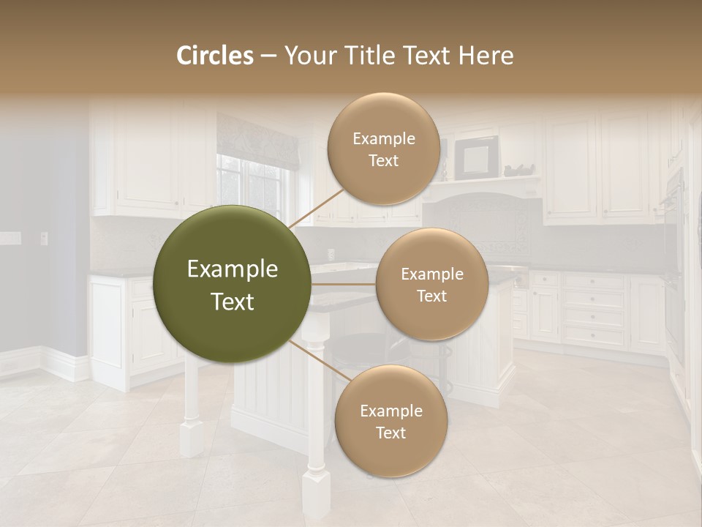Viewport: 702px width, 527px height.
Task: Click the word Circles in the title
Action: click(214, 56)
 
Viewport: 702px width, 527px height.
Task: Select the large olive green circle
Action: click(233, 284)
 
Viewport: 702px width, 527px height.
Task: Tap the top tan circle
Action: click(383, 149)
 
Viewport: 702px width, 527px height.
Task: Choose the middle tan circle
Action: click(431, 284)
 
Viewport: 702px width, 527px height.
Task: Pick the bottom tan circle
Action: click(390, 421)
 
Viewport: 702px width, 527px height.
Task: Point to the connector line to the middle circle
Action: click(344, 284)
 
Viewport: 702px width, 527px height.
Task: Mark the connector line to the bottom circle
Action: click(320, 362)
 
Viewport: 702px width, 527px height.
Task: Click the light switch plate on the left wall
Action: click(9, 238)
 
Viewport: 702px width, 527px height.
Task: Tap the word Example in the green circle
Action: click(233, 269)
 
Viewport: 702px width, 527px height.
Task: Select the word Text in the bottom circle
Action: click(390, 433)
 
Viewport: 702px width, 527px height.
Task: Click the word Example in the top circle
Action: click(383, 138)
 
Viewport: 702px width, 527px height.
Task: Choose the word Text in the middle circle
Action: click(431, 296)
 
